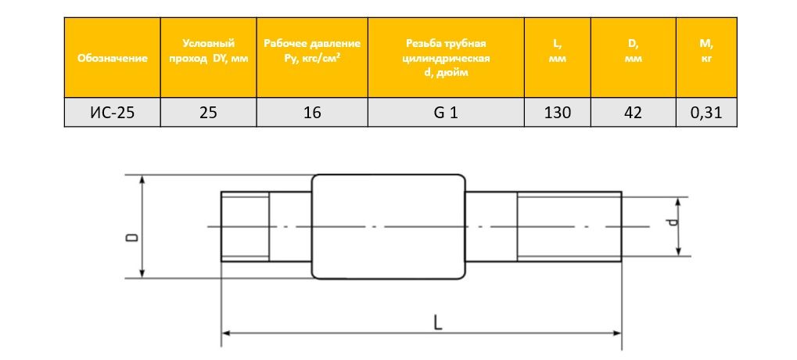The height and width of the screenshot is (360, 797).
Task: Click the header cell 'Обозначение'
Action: tap(113, 58)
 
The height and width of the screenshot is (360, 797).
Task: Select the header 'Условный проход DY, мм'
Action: tap(208, 51)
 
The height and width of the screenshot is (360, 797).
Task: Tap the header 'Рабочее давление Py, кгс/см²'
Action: tap(312, 51)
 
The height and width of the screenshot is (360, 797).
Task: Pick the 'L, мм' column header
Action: tap(558, 51)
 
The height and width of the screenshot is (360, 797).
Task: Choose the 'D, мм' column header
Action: tap(634, 51)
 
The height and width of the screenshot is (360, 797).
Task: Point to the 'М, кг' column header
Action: tap(706, 51)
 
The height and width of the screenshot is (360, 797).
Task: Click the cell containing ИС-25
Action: tap(113, 113)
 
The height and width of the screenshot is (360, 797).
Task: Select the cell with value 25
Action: tap(208, 113)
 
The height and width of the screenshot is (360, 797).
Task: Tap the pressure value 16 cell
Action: tap(312, 113)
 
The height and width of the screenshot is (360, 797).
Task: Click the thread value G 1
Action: tap(446, 113)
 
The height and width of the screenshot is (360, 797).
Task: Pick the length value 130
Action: tap(558, 113)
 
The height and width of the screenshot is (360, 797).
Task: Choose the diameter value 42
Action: tap(634, 113)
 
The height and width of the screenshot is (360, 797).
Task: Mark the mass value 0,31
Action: tap(706, 113)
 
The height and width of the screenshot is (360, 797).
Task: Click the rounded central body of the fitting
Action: tap(390, 226)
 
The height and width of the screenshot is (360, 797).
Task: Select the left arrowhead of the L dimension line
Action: tap(227, 334)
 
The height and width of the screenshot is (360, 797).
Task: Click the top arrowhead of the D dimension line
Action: tap(142, 179)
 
